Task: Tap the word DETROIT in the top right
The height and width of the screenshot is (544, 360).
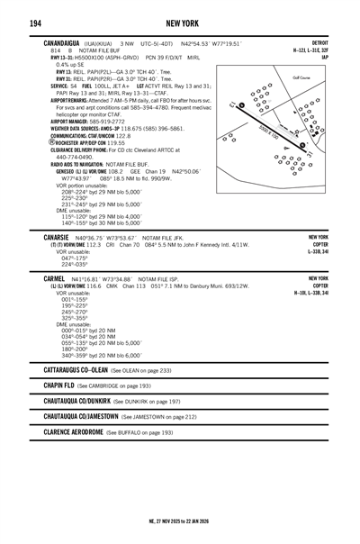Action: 319,42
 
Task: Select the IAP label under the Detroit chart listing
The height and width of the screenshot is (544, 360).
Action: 324,57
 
